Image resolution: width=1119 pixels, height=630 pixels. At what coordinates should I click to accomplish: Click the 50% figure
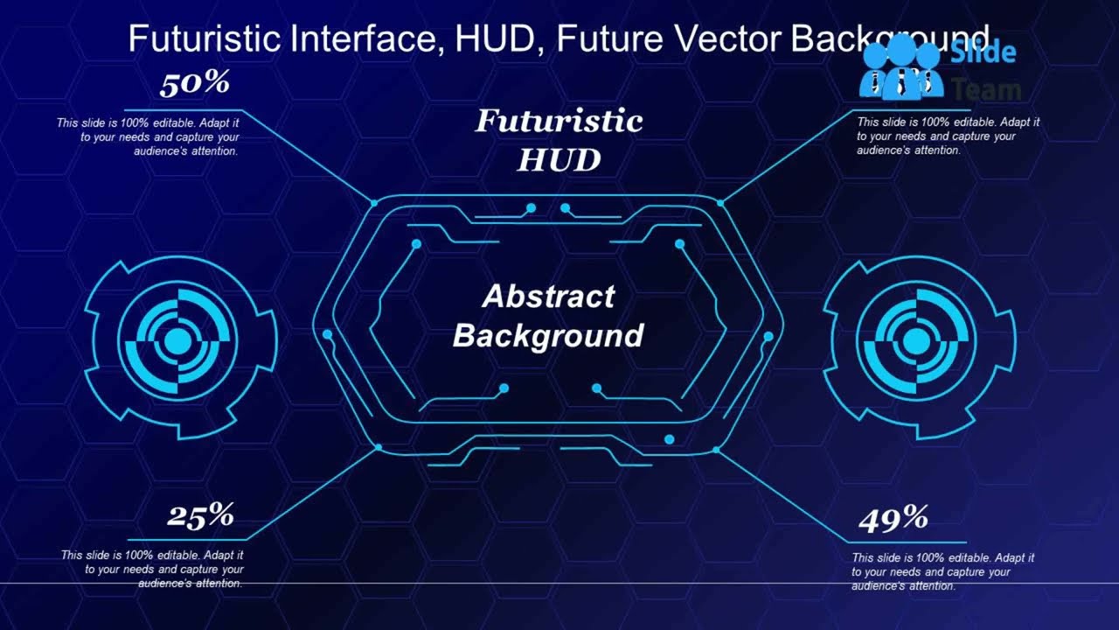[x=194, y=84]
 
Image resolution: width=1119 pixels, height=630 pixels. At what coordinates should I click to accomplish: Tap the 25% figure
[x=200, y=516]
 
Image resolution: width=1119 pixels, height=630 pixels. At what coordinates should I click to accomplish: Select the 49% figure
[x=893, y=520]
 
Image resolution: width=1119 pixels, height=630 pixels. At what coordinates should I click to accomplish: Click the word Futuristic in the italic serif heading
[x=559, y=122]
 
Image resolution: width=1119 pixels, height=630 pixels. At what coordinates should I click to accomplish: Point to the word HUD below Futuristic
[x=559, y=160]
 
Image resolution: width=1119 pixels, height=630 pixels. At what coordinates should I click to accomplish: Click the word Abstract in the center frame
[x=548, y=297]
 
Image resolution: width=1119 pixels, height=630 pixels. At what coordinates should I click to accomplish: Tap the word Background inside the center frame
[x=548, y=335]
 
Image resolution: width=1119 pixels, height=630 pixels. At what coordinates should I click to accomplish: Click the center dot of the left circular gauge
[x=177, y=341]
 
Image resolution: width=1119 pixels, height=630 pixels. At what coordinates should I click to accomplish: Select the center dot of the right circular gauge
[x=916, y=341]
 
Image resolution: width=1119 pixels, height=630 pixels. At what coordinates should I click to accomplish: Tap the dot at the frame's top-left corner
[x=374, y=203]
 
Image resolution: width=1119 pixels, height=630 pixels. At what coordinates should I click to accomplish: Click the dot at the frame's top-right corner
[x=720, y=203]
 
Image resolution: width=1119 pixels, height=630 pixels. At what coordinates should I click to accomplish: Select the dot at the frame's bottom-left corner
[x=379, y=447]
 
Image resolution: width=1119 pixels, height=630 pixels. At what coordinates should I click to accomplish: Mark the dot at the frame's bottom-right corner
[x=716, y=450]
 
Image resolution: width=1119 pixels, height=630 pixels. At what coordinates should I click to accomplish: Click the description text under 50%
[x=149, y=137]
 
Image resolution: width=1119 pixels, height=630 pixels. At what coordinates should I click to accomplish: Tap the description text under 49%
[x=943, y=571]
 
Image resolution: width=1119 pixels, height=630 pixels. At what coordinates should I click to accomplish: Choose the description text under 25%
[x=152, y=569]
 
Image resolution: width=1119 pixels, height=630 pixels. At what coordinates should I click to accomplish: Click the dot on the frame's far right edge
[x=768, y=336]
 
